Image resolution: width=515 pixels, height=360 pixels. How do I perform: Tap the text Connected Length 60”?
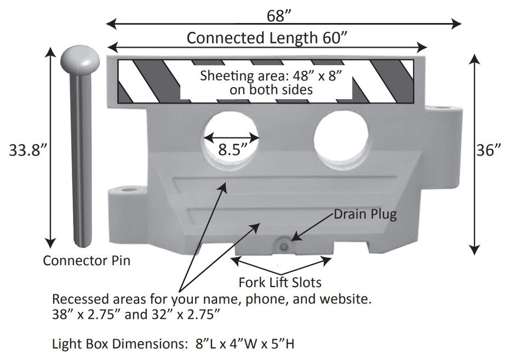[x=268, y=38]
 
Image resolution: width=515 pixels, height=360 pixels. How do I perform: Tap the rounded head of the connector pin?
[x=80, y=60]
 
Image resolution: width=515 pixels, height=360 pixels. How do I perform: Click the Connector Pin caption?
[x=87, y=260]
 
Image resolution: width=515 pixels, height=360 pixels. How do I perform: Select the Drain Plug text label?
[x=365, y=214]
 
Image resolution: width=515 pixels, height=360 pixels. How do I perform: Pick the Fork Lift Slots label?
[x=279, y=283]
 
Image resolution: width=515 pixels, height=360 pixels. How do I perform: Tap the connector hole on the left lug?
[x=128, y=190]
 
